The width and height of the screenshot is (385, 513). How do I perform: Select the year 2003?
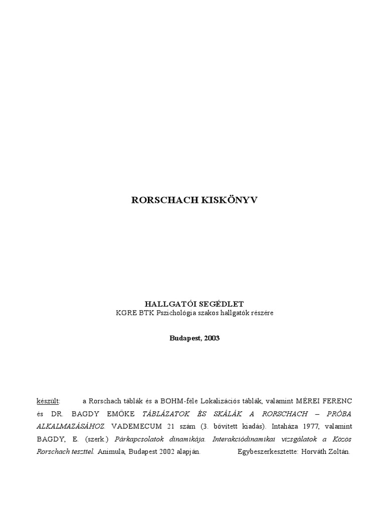211,338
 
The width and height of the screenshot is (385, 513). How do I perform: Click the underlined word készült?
48,401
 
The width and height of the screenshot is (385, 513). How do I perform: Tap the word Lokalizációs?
223,401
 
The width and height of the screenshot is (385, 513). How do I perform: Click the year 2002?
163,451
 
